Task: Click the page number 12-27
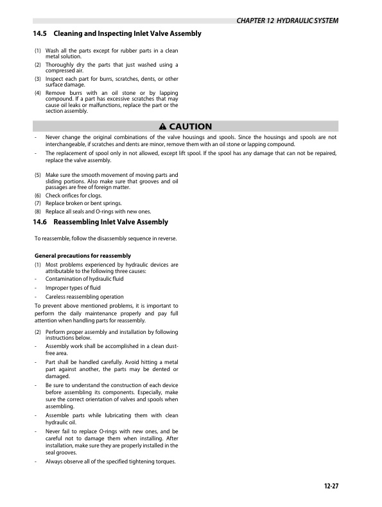point(331,485)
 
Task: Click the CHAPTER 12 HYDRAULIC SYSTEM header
point(287,21)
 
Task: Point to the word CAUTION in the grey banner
point(190,126)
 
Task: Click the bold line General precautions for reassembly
point(82,256)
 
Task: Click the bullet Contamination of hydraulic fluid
point(84,279)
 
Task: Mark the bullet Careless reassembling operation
point(84,297)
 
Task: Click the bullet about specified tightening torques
point(110,463)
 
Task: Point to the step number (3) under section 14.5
point(37,79)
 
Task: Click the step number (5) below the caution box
point(37,174)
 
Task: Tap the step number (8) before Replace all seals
point(37,212)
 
